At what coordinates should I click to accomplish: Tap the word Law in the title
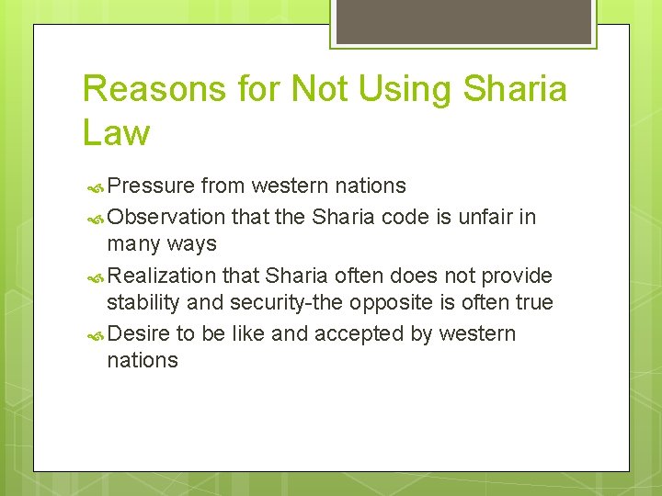(116, 132)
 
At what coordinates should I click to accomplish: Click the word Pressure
(151, 186)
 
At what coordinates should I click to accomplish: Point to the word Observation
(166, 217)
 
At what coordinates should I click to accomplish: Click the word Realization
(163, 276)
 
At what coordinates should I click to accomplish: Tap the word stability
(143, 302)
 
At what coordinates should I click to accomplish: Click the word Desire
(138, 333)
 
